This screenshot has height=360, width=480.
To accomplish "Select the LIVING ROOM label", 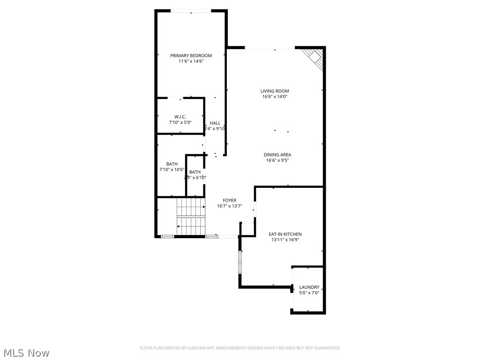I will pos(275,91).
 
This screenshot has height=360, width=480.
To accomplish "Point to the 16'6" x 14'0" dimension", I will pos(275,97).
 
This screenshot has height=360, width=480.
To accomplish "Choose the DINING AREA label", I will pos(277,155).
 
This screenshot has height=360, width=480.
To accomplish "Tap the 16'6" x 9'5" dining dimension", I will pos(277,160).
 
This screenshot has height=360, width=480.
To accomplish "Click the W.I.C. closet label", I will pos(180,116).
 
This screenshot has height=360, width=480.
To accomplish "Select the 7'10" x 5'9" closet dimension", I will pos(180,122).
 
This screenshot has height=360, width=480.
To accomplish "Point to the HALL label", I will pos(215,123).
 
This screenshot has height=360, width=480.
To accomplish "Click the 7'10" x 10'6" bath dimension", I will pos(172,170).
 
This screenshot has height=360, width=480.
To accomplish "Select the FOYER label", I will pos(230,200).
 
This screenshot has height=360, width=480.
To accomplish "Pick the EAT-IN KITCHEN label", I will pos(285,234).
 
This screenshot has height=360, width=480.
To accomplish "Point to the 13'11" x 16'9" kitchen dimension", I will pos(285,240).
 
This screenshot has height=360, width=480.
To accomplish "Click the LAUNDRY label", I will pos(309,287).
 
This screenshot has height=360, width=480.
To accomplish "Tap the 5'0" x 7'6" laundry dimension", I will pos(309,293).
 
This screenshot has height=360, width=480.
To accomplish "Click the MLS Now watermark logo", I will pos(26,353).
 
